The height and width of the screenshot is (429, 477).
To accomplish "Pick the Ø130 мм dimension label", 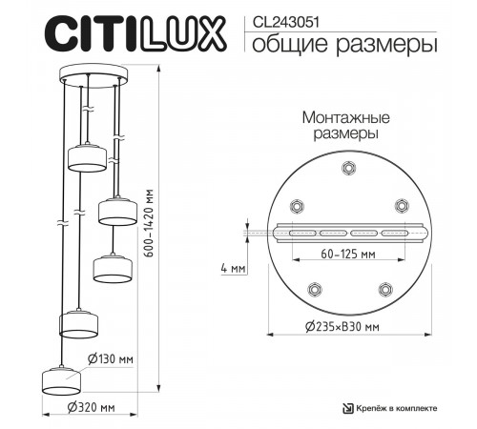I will coord(109,359).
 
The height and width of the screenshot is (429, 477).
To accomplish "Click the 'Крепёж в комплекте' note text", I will coord(398,408).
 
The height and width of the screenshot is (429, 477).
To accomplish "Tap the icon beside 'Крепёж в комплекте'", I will coord(348,408).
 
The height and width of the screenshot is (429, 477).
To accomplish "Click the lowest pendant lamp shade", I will coord(61,378).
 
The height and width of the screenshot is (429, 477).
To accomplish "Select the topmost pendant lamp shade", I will coord(85,157).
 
